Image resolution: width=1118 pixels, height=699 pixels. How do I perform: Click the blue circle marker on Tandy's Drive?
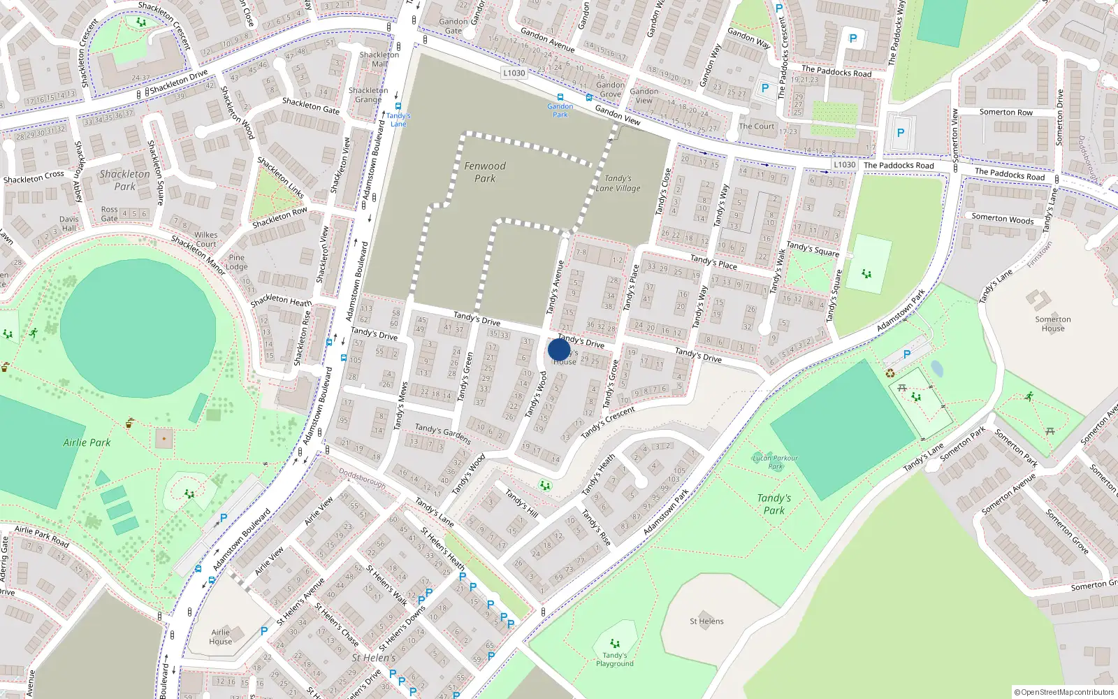559,349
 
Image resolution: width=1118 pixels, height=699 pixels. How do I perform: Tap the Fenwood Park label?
485,172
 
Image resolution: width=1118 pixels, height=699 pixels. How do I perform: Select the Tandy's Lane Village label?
618,183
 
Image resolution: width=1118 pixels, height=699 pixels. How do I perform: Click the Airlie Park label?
87,442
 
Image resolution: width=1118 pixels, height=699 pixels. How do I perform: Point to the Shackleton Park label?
124,180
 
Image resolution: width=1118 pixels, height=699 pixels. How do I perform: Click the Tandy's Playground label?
615,659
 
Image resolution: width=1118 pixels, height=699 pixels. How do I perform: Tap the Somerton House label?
1053,324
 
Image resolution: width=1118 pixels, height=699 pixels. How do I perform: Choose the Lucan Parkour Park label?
775,462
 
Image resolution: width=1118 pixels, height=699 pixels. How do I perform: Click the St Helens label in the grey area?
706,621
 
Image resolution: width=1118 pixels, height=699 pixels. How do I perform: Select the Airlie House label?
220,637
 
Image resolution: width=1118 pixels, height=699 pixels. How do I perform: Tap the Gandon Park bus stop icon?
560,97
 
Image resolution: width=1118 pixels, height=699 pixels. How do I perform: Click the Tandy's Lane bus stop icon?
398,106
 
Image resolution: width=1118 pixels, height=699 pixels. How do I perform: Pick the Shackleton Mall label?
379,59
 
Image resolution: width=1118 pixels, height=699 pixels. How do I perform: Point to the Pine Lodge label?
237,262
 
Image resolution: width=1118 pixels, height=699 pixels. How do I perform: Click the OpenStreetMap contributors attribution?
1063,692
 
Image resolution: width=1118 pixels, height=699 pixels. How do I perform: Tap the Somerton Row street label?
1006,112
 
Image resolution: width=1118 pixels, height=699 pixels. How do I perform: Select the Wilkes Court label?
205,239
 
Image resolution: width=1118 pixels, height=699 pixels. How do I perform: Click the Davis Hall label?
69,224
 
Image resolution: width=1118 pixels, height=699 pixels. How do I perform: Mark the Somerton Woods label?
1002,218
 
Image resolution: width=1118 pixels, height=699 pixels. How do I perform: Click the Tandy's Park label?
774,504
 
